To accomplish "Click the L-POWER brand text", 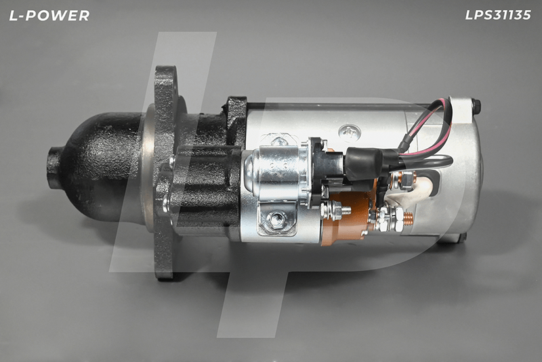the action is pyautogui.click(x=49, y=16).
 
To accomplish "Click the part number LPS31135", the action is pyautogui.click(x=498, y=15).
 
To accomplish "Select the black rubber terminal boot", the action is pyautogui.click(x=364, y=164).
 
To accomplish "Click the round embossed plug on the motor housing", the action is pyautogui.click(x=350, y=132).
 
